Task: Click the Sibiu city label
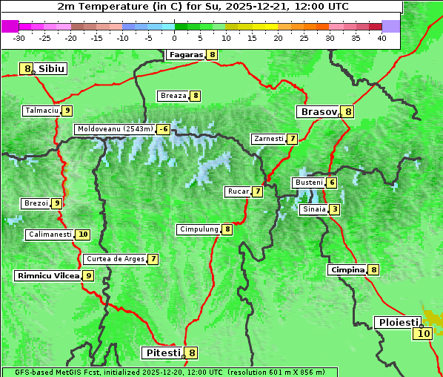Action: coord(52,69)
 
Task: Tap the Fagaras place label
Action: coord(185,55)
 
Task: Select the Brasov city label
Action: coord(318,112)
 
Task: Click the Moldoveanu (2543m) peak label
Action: coord(115,129)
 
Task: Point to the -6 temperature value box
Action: coord(163,129)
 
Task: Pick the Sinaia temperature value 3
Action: coord(335,209)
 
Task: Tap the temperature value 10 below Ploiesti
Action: coord(422,334)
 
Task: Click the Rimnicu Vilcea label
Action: coord(47,275)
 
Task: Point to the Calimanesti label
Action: coord(50,235)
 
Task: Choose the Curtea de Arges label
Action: coord(115,259)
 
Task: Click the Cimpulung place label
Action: coord(199,229)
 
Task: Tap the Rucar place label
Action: coord(238,191)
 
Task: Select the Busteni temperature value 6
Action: coord(332,183)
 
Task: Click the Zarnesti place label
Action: coord(268,139)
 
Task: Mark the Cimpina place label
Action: coord(347,270)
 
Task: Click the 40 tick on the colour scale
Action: coord(382,38)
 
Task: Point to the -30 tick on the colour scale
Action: coord(19,38)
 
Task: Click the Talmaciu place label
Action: coord(41,111)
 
